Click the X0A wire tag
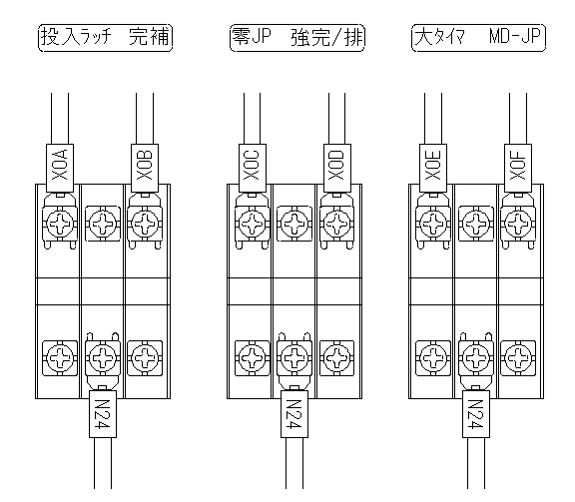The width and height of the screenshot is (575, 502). point(60,168)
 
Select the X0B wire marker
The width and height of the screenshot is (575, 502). point(145,168)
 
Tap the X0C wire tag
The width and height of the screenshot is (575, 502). point(253,168)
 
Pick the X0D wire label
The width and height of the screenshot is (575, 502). point(337,168)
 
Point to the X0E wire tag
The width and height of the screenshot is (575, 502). point(433,168)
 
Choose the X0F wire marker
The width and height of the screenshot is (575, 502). point(518,168)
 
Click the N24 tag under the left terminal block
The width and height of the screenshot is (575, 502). point(103,413)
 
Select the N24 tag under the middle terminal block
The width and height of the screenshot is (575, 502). point(294,413)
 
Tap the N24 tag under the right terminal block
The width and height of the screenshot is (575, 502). point(476,413)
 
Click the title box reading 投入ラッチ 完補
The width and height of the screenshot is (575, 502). point(105,38)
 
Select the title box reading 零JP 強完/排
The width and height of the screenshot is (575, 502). point(297,38)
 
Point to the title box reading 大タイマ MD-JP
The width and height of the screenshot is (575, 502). point(478,38)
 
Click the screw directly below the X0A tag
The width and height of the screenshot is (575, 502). point(60,224)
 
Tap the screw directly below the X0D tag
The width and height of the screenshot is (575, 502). point(337,224)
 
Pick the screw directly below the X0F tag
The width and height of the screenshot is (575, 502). point(518,224)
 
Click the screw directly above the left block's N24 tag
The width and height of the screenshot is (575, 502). point(103,358)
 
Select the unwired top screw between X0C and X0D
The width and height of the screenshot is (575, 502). point(294,224)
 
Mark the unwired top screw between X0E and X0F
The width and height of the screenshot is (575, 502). point(476,224)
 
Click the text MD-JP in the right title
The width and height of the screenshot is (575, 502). point(515,37)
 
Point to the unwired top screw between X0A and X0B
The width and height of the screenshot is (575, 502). point(103,224)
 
